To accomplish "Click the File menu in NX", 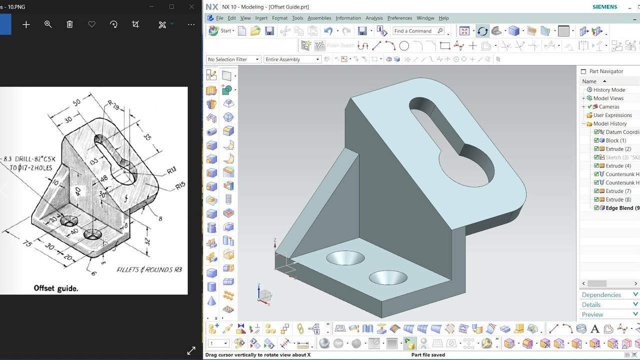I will (219, 18).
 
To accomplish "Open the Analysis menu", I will (374, 18).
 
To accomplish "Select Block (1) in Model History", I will (615, 140).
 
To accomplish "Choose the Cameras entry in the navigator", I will (608, 106).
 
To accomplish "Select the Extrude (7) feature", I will (618, 191).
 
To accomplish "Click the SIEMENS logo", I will (604, 7).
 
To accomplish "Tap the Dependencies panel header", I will (601, 295).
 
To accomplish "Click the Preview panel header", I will (592, 314).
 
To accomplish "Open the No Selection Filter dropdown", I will (233, 59).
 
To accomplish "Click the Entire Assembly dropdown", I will (292, 59).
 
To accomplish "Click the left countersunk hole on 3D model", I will (345, 258).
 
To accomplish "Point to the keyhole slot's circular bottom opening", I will (466, 163).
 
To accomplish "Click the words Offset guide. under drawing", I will (56, 288).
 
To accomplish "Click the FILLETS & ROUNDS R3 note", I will (149, 270).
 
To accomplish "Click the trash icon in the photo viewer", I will (70, 24).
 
